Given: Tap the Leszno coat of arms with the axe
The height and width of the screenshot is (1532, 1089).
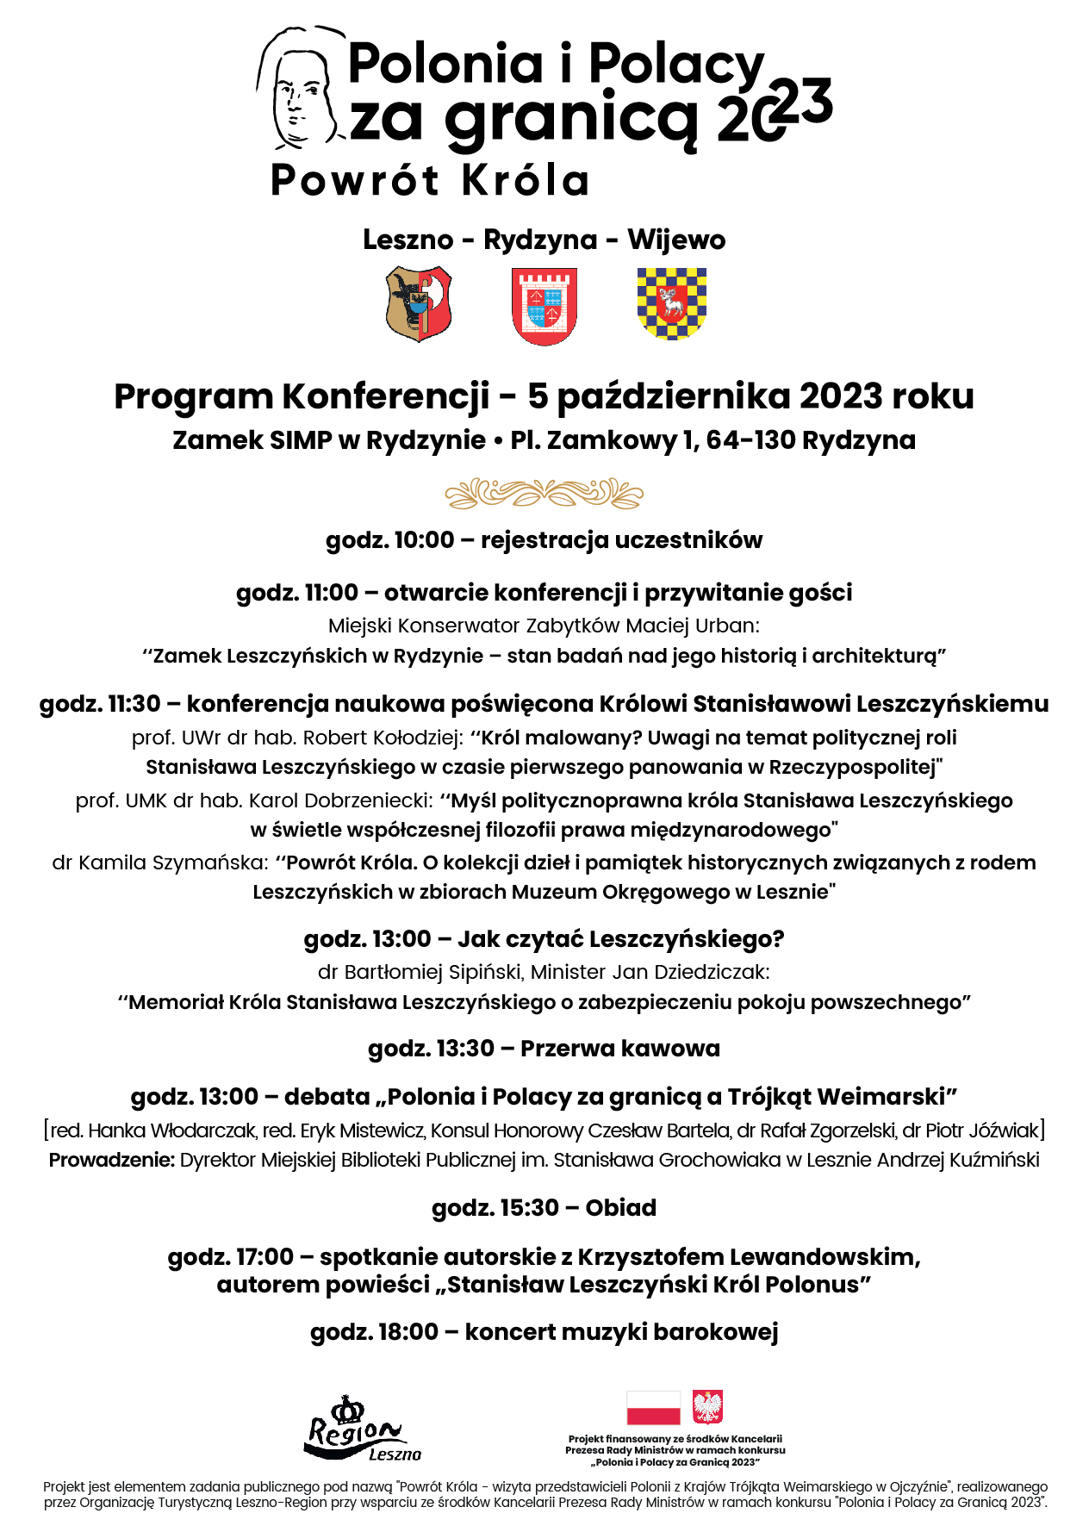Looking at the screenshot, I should click(x=419, y=303).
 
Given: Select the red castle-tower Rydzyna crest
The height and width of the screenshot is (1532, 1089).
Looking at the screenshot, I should click(x=544, y=305).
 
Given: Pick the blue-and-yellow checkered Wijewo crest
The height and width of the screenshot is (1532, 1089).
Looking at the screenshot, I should click(x=671, y=302).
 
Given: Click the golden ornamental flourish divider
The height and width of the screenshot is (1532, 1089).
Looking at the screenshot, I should click(x=544, y=494).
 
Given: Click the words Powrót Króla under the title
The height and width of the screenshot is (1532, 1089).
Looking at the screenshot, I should click(x=430, y=181).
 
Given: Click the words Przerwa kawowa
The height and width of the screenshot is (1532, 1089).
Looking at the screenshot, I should click(x=619, y=1049).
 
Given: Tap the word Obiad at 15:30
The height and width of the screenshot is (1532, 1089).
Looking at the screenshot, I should click(x=620, y=1208).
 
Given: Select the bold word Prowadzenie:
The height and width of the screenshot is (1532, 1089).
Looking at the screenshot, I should click(x=111, y=1161).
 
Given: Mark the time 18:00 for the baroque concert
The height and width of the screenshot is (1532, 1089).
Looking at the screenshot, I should click(x=408, y=1332).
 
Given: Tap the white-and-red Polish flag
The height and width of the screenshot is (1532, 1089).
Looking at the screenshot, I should click(x=653, y=1408).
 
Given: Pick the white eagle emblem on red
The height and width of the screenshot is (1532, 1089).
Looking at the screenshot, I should click(x=708, y=1407).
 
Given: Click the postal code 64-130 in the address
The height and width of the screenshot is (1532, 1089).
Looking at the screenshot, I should click(x=750, y=440).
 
